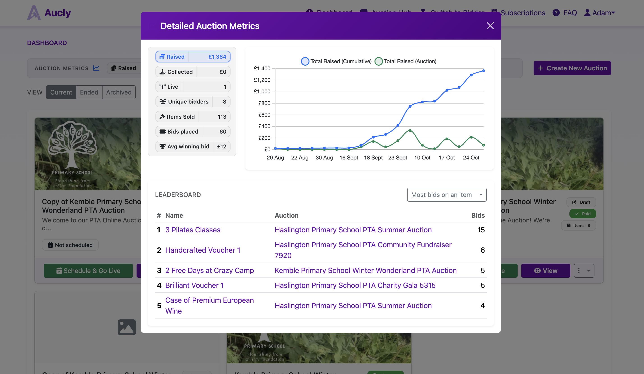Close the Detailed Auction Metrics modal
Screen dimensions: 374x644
(x=490, y=26)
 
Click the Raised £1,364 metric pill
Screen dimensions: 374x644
(x=193, y=57)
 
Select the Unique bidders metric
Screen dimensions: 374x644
(x=193, y=102)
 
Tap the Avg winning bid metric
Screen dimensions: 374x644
(x=193, y=147)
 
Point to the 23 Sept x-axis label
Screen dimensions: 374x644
(x=397, y=158)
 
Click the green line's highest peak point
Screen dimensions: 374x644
(x=410, y=130)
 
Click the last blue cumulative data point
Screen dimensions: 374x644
(x=483, y=71)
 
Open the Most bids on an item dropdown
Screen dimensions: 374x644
(x=446, y=195)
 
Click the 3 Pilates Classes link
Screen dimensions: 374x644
(x=193, y=230)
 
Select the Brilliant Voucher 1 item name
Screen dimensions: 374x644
(x=194, y=285)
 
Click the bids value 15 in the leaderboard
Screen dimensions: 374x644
(x=481, y=230)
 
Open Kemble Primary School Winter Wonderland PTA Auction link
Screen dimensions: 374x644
(x=365, y=270)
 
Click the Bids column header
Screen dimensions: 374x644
(x=478, y=215)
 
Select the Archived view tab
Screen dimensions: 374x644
(x=119, y=92)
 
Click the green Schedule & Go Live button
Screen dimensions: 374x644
(x=88, y=271)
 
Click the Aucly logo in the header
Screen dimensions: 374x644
(x=49, y=13)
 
